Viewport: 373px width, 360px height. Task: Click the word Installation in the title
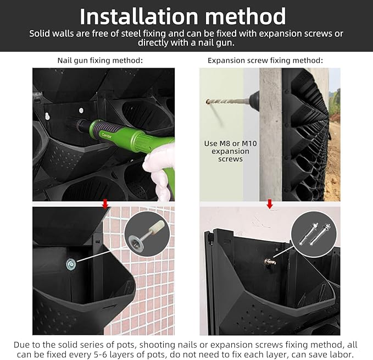tap(138, 16)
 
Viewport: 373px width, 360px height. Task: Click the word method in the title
tap(245, 16)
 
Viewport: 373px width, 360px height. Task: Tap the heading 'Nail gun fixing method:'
tap(100, 60)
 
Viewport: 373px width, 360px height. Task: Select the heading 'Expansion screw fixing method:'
tap(265, 60)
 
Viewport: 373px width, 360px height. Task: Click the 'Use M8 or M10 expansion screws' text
tap(231, 151)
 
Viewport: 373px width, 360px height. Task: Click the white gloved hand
tap(159, 171)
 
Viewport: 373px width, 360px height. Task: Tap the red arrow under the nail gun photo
tap(105, 204)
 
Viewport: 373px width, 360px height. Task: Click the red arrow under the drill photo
tap(270, 204)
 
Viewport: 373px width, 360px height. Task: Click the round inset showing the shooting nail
tap(147, 234)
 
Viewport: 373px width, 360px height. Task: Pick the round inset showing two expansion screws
tap(314, 234)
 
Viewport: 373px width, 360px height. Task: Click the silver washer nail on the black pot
tap(71, 264)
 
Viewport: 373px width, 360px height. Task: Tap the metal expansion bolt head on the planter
tap(270, 262)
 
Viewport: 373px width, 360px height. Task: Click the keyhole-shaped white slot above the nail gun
tap(47, 116)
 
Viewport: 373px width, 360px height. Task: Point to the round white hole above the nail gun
tap(81, 110)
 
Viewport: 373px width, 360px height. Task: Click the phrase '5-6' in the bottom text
tap(99, 355)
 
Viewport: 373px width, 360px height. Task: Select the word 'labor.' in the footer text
tap(343, 355)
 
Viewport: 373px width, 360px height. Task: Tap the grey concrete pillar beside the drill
tap(270, 135)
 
